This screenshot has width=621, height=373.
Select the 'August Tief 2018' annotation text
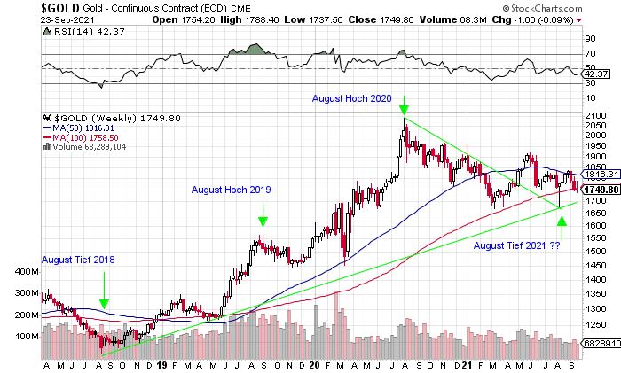point(79,260)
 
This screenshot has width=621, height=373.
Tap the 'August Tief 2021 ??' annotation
point(516,245)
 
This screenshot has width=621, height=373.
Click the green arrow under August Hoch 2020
point(405,110)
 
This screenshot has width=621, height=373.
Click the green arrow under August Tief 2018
point(105,304)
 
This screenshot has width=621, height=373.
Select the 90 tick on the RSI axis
point(586,40)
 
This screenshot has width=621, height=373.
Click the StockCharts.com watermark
point(577,8)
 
